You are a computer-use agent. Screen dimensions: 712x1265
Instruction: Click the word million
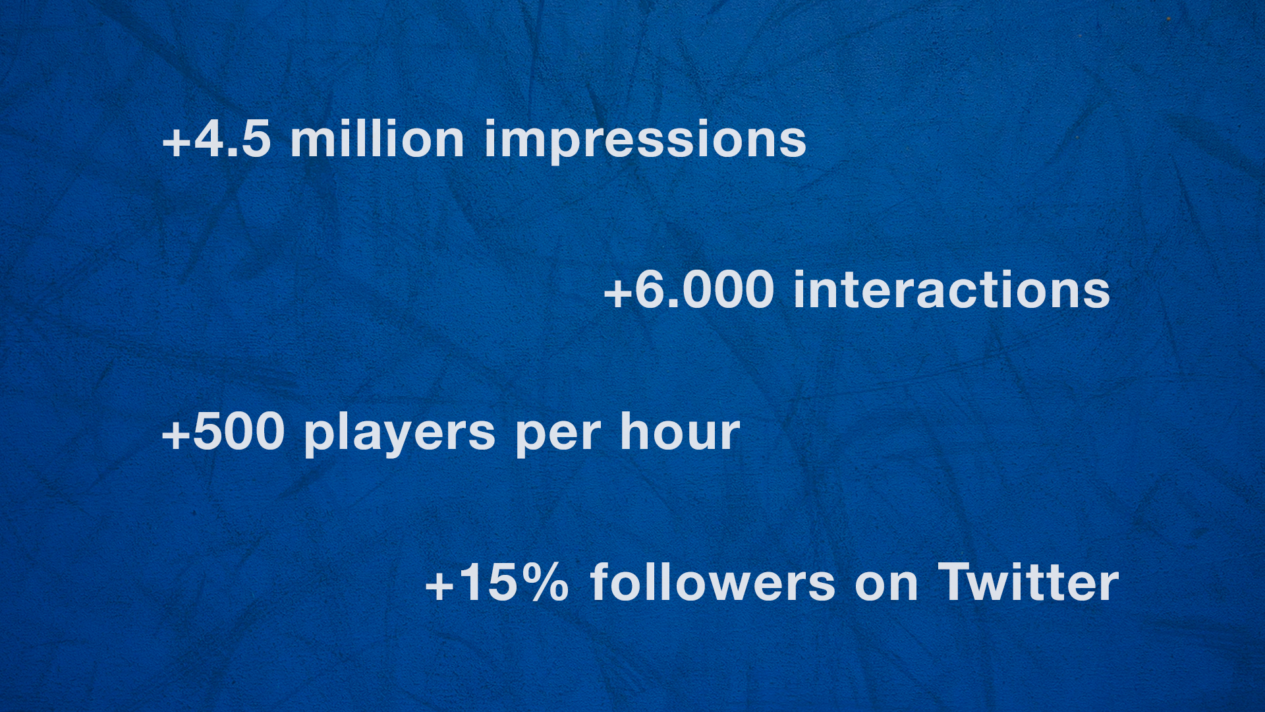[x=378, y=139]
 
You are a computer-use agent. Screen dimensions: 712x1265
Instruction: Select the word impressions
[x=645, y=140]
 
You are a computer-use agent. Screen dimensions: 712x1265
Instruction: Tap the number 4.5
[x=233, y=139]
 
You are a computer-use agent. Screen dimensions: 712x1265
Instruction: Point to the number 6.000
[x=704, y=290]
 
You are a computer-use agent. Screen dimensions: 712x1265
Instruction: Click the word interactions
[x=952, y=290]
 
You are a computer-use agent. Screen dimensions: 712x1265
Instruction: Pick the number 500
[x=239, y=432]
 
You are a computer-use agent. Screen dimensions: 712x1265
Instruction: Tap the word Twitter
[x=1028, y=582]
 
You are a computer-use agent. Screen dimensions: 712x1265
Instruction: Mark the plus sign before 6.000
[x=617, y=292]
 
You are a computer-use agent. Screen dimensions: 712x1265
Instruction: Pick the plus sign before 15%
[x=439, y=585]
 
